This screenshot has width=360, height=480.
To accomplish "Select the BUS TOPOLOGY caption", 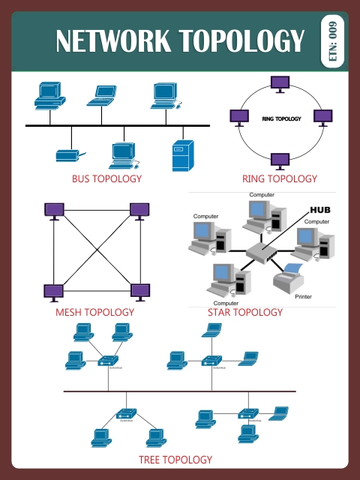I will coord(106,179).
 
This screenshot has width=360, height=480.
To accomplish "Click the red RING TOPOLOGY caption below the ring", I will coord(280,179).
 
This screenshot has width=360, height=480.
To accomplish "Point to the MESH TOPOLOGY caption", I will coord(94,312).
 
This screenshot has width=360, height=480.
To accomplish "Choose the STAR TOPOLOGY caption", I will coord(245,312).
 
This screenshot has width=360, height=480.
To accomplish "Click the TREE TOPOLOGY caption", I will coord(175,459).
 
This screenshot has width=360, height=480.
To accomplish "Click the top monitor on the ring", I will coord(280,83).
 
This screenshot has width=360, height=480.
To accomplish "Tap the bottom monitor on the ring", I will coord(280,160).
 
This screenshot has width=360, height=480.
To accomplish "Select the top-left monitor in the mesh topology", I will coord(53,210).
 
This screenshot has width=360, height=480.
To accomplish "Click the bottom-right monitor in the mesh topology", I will coord(140,291).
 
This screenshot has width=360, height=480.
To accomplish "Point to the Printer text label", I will coord(303,297).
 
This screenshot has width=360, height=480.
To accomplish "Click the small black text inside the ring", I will coord(281,119).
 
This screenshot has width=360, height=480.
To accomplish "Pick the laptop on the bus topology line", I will coord(103,94).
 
